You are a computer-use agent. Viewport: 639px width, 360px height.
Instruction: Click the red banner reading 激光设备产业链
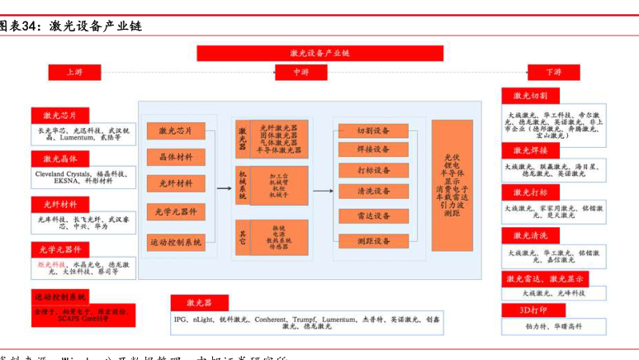319,53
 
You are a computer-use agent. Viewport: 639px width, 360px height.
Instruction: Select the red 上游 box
76,73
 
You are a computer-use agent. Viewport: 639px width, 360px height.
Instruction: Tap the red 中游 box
303,73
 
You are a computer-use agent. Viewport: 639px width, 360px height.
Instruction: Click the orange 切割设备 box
372,130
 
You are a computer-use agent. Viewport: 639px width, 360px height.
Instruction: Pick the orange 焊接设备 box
372,149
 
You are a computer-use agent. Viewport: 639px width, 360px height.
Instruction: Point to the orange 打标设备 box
372,170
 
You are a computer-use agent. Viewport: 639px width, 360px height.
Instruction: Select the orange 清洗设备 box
372,191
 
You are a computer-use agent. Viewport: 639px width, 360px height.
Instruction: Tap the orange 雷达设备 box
372,216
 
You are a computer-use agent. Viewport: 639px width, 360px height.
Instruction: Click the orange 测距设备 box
372,241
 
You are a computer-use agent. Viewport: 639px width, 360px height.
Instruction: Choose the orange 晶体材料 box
175,157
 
